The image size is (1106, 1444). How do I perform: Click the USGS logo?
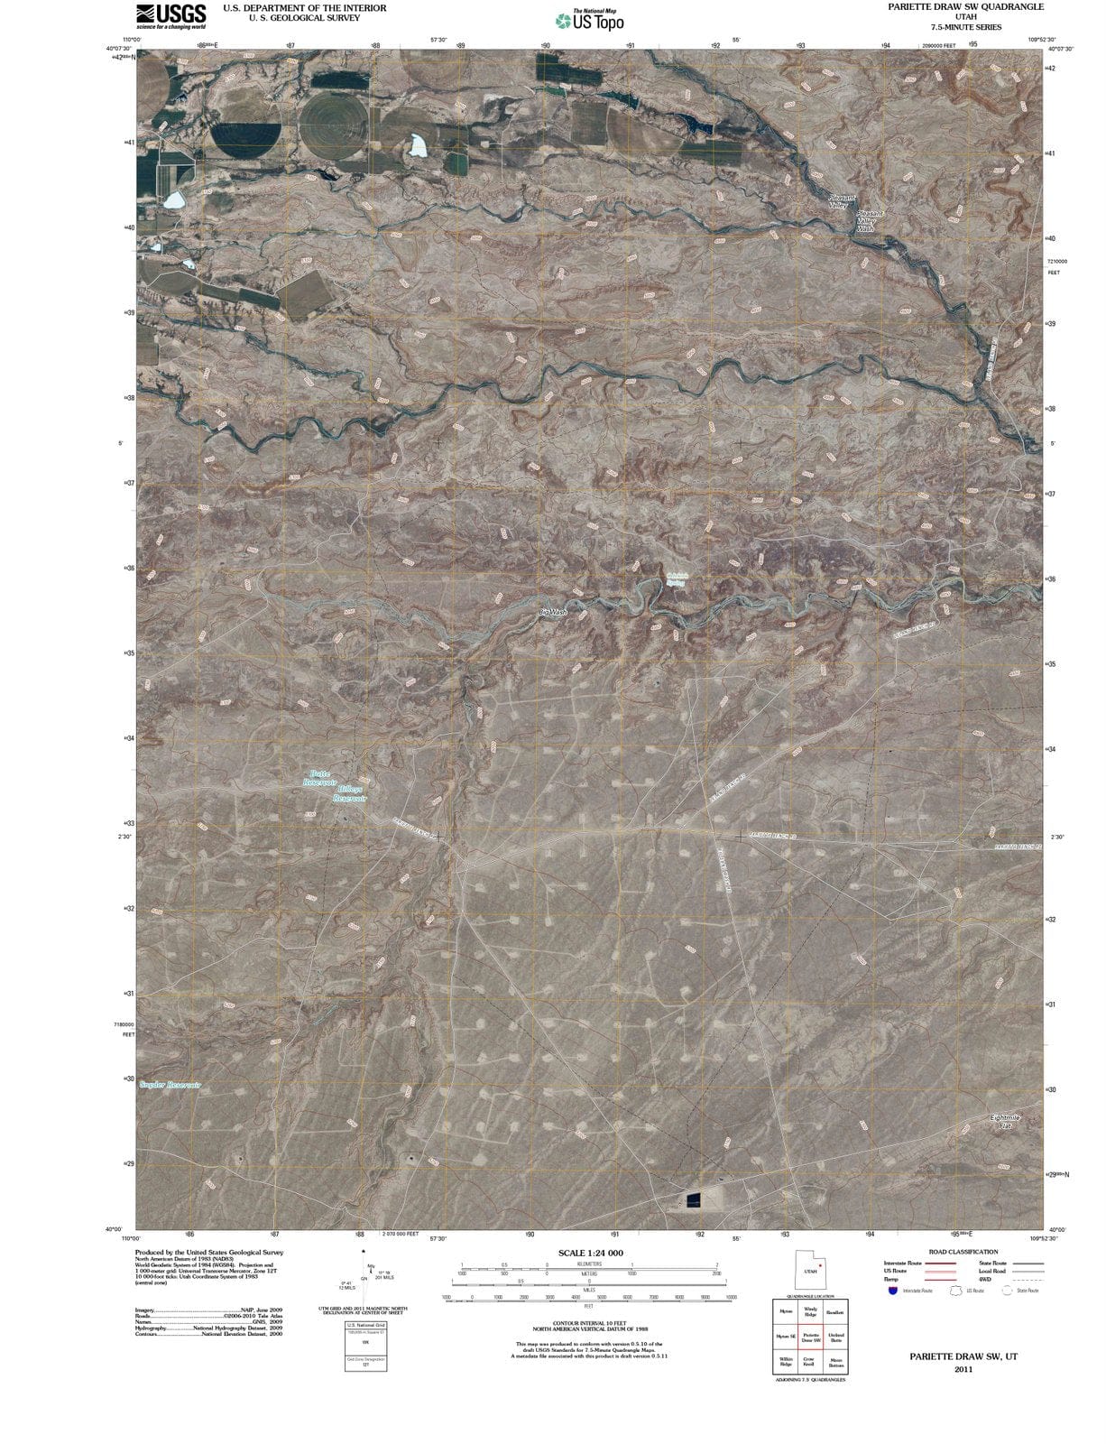171,15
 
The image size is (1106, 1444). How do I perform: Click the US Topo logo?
590,19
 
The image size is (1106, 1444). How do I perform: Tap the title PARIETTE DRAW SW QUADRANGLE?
964,6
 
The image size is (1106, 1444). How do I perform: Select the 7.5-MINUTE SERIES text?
964,28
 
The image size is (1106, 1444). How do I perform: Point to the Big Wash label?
553,613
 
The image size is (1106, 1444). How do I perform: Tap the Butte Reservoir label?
318,778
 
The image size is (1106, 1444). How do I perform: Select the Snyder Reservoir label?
171,1085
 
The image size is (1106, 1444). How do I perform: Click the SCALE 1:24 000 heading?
590,1254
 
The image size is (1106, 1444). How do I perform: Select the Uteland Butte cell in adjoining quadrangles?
835,1338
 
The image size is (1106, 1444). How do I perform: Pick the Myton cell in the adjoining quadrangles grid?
785,1312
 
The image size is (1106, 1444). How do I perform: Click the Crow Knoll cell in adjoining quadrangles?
809,1363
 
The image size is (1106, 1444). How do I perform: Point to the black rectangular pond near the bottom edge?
693,1199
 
